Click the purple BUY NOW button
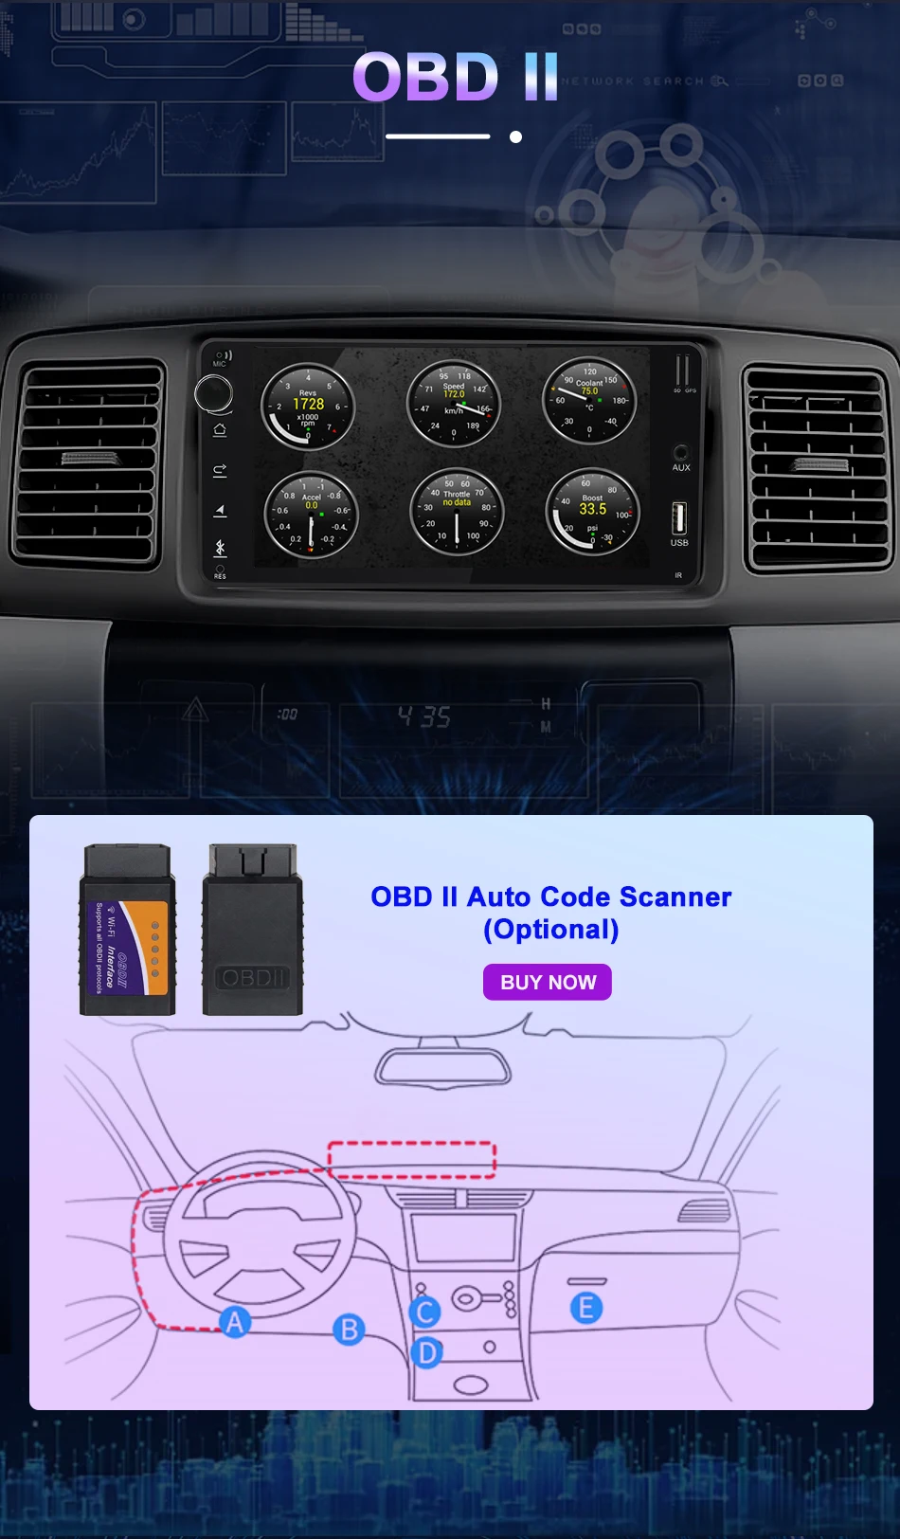[548, 983]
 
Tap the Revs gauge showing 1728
[308, 407]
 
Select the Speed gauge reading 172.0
[454, 404]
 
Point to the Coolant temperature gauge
[589, 400]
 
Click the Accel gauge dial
[311, 515]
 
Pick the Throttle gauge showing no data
[457, 512]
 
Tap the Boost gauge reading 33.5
[593, 512]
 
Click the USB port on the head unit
[678, 517]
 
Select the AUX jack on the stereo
[680, 452]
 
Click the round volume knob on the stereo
[214, 393]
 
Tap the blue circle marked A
[235, 1321]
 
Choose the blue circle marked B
[349, 1330]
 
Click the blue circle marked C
[425, 1313]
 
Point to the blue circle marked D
[427, 1352]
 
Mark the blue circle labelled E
[586, 1308]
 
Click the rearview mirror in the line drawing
[442, 1068]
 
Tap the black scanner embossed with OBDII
[252, 931]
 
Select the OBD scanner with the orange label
[128, 931]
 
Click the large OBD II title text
[455, 77]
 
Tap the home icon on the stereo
[220, 430]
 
